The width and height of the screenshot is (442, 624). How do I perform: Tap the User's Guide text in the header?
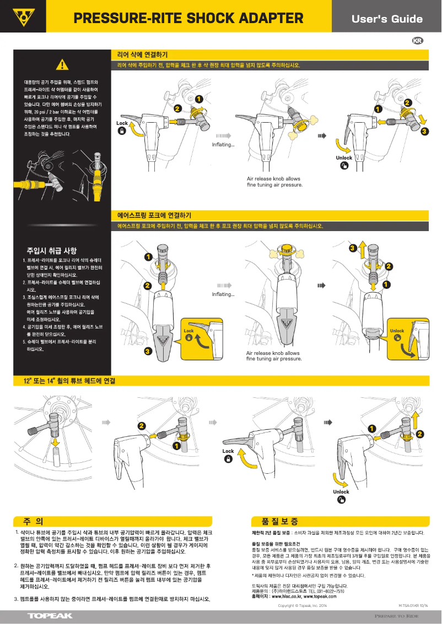coord(387,19)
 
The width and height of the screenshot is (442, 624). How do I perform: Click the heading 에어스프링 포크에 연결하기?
coord(154,215)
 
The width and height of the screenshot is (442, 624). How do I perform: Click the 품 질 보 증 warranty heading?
coord(276,521)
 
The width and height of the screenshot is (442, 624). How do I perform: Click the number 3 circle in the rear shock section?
coord(424,132)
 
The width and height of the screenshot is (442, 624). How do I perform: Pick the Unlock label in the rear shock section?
coord(344,158)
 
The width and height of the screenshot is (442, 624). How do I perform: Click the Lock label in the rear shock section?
coord(122,123)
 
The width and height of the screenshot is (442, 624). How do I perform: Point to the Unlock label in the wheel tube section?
coord(341,491)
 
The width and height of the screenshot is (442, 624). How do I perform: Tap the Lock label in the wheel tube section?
coord(228,451)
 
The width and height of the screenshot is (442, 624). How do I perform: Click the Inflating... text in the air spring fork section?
coord(223,294)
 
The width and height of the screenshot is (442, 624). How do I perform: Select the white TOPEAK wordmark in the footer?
coord(50,616)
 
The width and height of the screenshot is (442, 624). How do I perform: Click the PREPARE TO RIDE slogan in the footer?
coord(396,616)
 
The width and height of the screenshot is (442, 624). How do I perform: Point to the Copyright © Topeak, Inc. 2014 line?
coord(303,605)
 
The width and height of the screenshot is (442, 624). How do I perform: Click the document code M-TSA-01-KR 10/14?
coord(413,605)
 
